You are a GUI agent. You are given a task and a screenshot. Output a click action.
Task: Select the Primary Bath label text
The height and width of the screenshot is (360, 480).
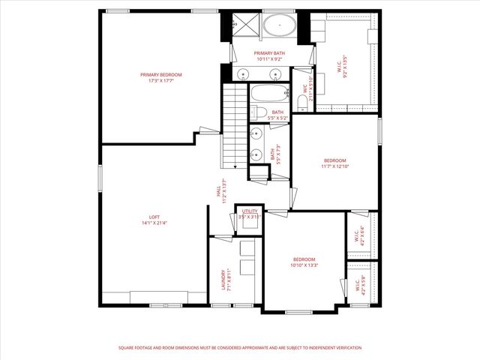pyautogui.click(x=269, y=55)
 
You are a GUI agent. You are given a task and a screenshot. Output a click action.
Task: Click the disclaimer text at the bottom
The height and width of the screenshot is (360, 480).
pyautogui.click(x=240, y=348)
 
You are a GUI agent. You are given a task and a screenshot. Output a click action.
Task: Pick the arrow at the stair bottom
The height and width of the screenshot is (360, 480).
pyautogui.click(x=235, y=165)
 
